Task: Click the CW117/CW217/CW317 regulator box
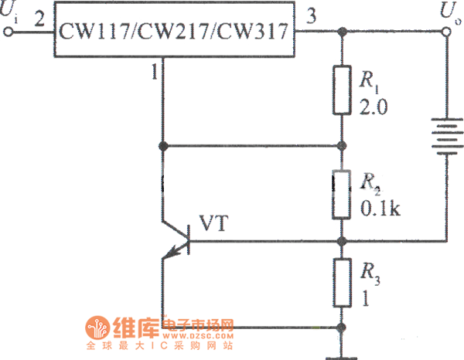click(x=175, y=33)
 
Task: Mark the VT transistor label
click(x=213, y=223)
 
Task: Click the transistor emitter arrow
click(x=182, y=246)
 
